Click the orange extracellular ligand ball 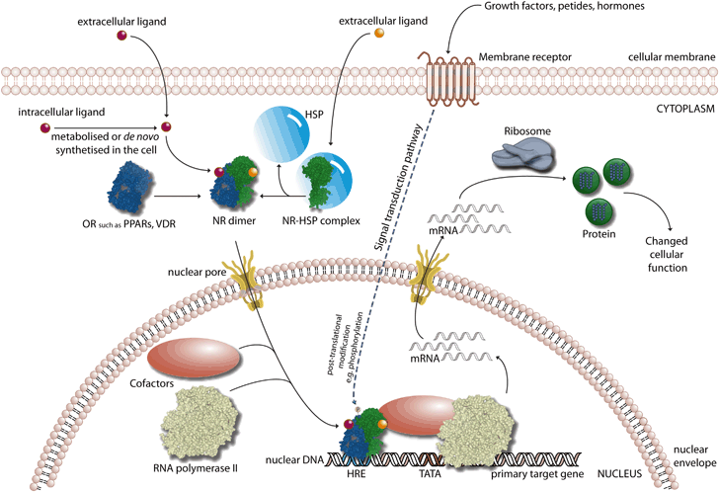(377, 37)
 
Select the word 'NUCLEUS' (675, 473)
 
